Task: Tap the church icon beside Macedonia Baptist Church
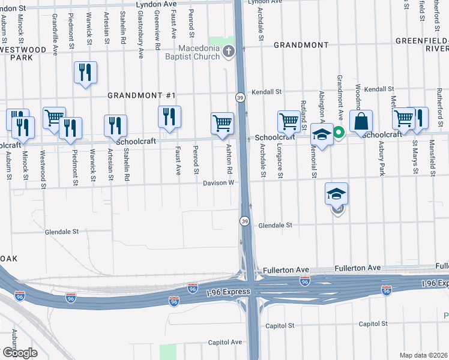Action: point(228,53)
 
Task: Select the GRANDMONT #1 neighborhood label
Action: point(141,95)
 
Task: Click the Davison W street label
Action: point(217,183)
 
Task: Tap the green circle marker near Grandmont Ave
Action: point(338,133)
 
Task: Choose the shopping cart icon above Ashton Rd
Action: point(222,123)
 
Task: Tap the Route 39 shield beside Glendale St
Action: point(244,221)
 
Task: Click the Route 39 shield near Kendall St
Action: point(240,97)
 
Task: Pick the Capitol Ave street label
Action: point(224,342)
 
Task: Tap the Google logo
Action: point(20,352)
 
